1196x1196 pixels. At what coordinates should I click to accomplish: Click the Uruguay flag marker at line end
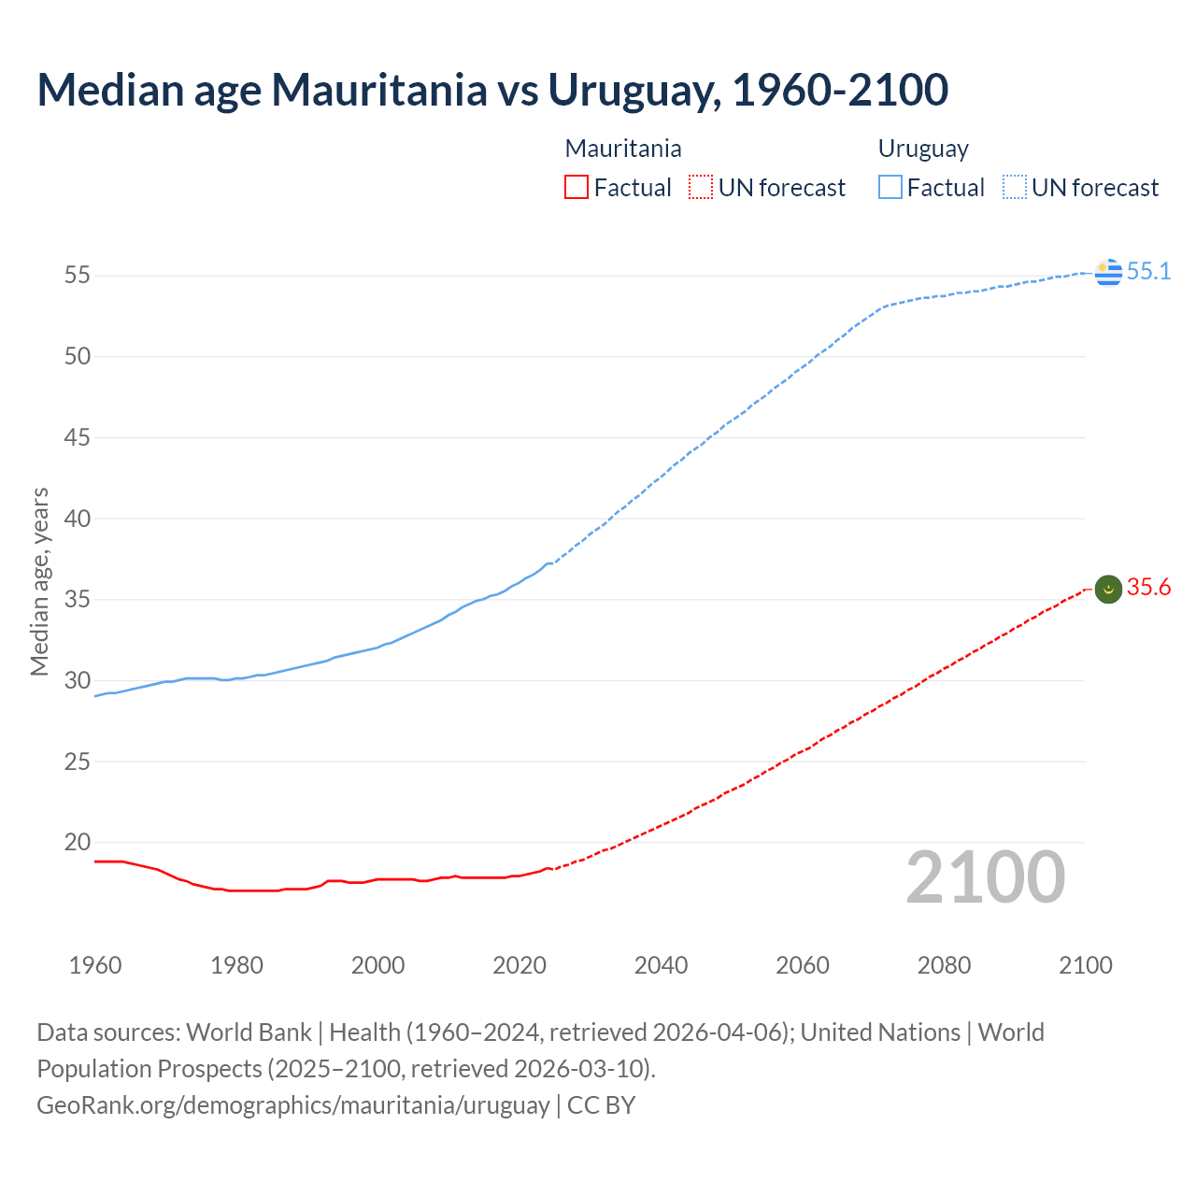click(x=1108, y=272)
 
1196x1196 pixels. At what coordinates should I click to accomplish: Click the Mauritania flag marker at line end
click(x=1108, y=589)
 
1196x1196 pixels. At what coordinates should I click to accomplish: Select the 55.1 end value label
click(x=1148, y=271)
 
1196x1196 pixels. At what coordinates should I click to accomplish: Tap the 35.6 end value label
click(x=1148, y=587)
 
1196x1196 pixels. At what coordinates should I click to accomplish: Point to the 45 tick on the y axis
click(x=78, y=437)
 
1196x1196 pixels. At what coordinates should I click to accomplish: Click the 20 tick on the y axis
click(x=78, y=842)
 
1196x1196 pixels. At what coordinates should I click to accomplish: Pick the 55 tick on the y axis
click(x=78, y=276)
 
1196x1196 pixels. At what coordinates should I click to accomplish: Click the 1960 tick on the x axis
click(x=95, y=965)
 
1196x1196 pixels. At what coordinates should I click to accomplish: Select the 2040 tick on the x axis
click(x=661, y=965)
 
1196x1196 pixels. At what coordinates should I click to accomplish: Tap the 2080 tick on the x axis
click(x=944, y=965)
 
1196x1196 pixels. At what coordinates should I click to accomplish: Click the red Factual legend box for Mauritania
click(x=577, y=188)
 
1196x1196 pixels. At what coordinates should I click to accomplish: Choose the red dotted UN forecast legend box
click(x=701, y=188)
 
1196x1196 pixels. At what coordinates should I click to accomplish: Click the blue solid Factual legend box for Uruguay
click(x=890, y=188)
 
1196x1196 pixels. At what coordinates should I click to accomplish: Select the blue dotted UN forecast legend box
click(x=1015, y=188)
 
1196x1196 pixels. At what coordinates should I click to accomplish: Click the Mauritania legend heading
click(x=623, y=149)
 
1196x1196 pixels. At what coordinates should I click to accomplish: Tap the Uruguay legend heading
click(x=923, y=149)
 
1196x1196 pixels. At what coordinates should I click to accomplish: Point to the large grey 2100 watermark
click(x=985, y=877)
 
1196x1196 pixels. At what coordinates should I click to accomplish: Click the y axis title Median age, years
click(x=39, y=581)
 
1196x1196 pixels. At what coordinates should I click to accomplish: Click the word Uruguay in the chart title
click(x=634, y=90)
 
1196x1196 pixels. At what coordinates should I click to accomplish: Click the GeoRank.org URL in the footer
click(x=292, y=1104)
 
